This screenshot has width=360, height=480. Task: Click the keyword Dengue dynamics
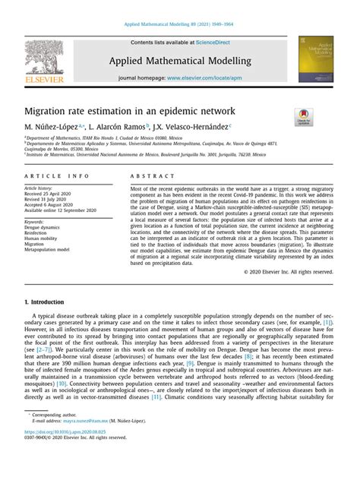(45, 228)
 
